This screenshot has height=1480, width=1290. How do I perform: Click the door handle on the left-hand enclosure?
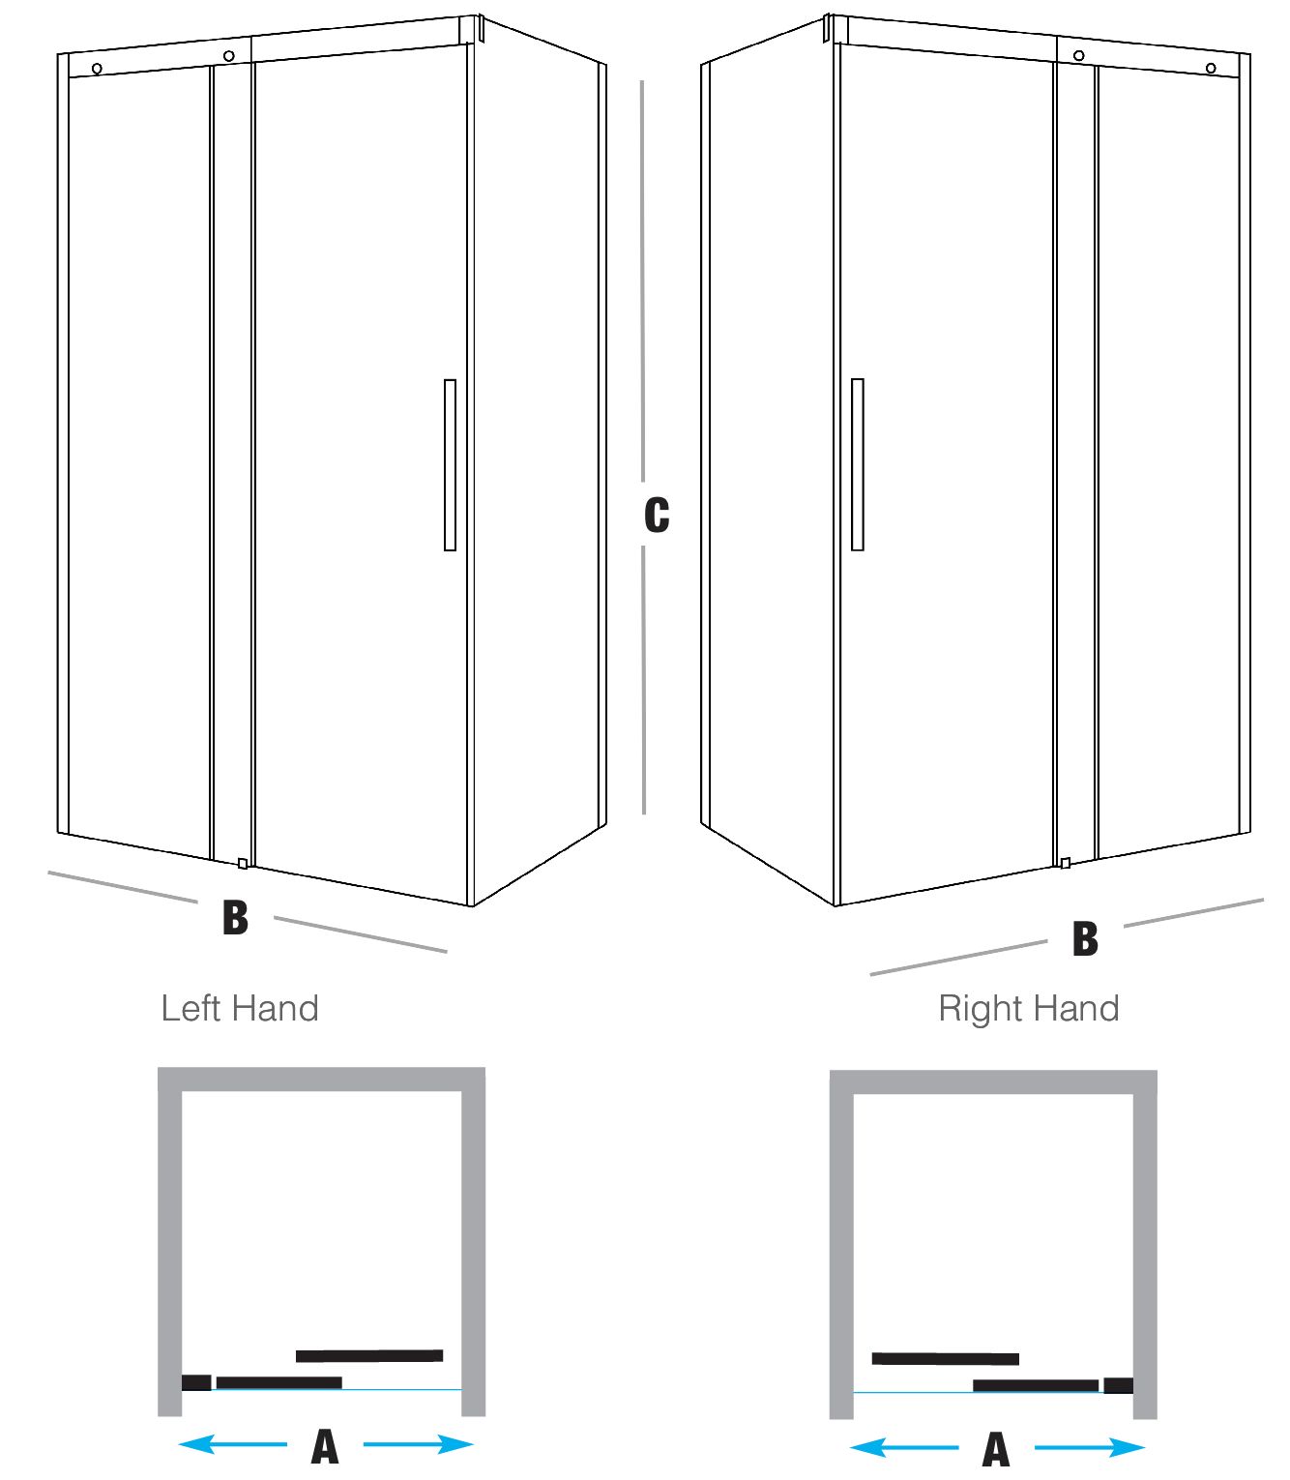(450, 465)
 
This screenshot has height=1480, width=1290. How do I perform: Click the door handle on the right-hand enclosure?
(858, 464)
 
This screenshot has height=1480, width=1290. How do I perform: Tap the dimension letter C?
(657, 515)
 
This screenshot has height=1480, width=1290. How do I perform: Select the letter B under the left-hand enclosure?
(236, 917)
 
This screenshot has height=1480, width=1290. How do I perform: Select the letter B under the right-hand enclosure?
(1085, 938)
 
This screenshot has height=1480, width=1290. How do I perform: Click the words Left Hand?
(240, 1008)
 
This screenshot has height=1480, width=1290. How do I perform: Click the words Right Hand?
(1028, 1008)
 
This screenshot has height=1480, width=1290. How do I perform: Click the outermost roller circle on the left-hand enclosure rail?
(97, 69)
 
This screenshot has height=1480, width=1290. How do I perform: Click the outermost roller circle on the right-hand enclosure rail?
(1211, 69)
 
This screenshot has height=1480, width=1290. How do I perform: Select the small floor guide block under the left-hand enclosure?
(243, 863)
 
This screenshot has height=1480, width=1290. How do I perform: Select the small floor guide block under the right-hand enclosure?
(1065, 862)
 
